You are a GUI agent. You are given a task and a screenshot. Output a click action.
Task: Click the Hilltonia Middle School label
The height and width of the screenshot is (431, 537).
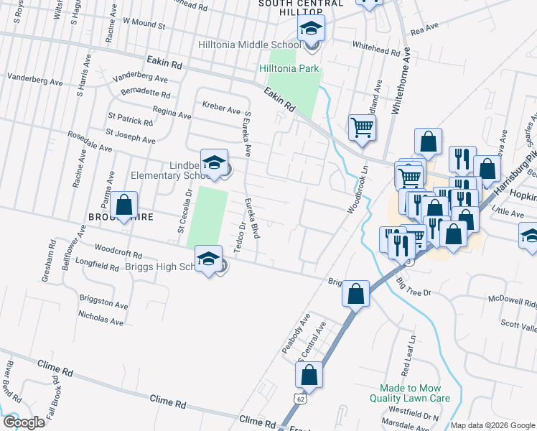[249, 45]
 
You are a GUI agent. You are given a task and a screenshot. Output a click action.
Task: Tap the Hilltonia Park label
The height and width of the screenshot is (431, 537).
[289, 69]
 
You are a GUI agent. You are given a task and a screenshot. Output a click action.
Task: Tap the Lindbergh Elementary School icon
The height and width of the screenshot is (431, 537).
[214, 162]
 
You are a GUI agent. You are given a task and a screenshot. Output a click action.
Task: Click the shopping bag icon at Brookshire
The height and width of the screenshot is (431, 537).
[124, 205]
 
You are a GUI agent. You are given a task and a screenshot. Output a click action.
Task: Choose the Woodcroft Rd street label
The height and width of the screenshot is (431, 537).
[118, 254]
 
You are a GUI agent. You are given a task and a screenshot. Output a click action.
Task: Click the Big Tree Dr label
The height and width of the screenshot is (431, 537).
[413, 287]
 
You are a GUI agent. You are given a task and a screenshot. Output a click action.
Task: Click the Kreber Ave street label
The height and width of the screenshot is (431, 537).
[221, 108]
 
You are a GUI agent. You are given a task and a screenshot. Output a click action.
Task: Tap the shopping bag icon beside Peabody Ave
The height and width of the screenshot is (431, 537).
[356, 293]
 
